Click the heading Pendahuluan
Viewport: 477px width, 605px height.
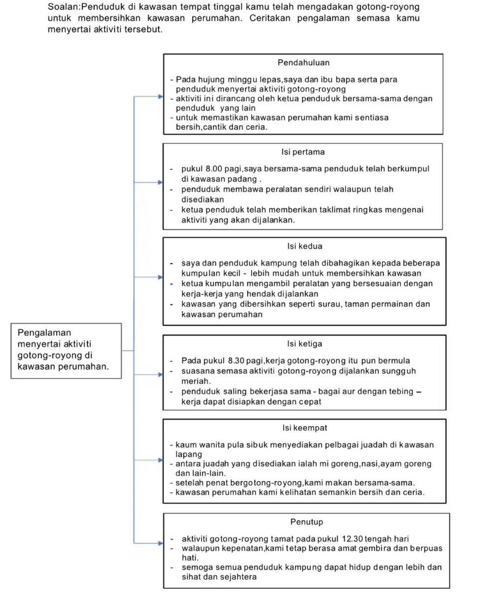click(x=303, y=63)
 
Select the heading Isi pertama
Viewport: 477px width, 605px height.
click(x=303, y=152)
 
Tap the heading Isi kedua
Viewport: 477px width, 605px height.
click(x=304, y=246)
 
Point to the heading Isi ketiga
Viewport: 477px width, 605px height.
click(x=304, y=344)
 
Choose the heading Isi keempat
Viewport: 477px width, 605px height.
click(x=304, y=428)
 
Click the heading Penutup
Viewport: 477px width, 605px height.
click(x=306, y=522)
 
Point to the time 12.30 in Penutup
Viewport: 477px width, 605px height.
click(x=352, y=539)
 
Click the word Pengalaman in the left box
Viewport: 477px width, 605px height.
click(x=44, y=333)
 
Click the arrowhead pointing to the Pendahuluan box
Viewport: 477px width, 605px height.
click(x=160, y=97)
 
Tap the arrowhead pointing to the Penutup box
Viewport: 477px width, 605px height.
click(x=160, y=543)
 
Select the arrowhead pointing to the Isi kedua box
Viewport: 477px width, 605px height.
click(x=160, y=277)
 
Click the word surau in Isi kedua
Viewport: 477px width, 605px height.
click(x=330, y=304)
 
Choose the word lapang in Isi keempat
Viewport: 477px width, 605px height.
click(x=188, y=454)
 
